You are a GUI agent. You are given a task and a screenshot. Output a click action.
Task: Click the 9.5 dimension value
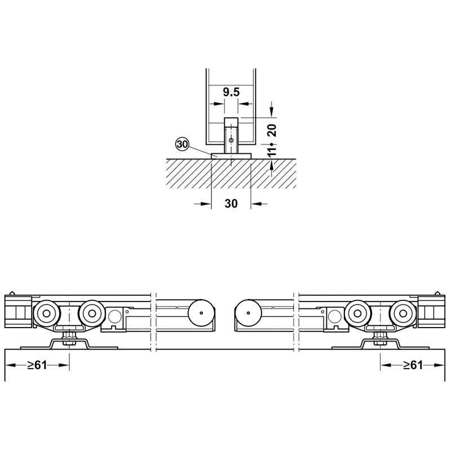click(x=231, y=92)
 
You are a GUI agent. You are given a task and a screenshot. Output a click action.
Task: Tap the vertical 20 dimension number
click(x=272, y=130)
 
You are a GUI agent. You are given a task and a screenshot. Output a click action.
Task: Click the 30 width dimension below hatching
click(x=231, y=204)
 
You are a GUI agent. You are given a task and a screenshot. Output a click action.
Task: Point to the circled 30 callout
click(x=182, y=144)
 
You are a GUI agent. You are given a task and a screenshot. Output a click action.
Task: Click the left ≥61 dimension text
click(x=37, y=365)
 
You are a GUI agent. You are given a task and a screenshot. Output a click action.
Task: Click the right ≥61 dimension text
click(x=413, y=365)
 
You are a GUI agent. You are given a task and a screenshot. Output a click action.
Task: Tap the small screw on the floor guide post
click(x=231, y=140)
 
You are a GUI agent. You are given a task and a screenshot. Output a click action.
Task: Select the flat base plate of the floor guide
click(x=231, y=156)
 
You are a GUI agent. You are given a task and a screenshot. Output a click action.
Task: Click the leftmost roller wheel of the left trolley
click(x=46, y=313)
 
